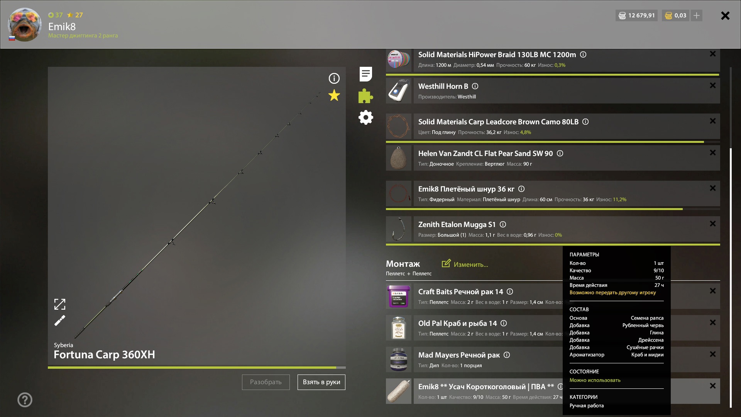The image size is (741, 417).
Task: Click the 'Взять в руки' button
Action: (321, 382)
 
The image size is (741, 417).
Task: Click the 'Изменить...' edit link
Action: (465, 264)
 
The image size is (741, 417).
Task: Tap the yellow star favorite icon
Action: (334, 95)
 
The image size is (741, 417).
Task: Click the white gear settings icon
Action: (366, 117)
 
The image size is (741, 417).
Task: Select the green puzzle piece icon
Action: (365, 96)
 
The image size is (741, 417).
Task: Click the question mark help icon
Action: (25, 400)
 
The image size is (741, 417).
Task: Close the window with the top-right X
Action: (725, 15)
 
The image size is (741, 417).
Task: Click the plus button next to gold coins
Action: (697, 15)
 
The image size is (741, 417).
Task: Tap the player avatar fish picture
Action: (25, 24)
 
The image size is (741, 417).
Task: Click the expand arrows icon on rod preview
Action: (60, 304)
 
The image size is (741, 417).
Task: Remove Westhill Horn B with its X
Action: (713, 85)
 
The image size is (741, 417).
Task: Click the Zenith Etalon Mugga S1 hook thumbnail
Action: (399, 229)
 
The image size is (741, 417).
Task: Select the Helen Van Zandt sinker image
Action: (399, 158)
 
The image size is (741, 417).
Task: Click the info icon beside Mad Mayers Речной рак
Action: (507, 355)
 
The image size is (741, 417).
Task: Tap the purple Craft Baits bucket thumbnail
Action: (399, 296)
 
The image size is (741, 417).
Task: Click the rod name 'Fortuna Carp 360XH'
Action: (104, 354)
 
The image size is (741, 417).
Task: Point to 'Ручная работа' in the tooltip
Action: (587, 405)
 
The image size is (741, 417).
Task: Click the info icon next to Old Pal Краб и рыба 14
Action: (504, 323)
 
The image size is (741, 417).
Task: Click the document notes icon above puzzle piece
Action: (365, 74)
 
